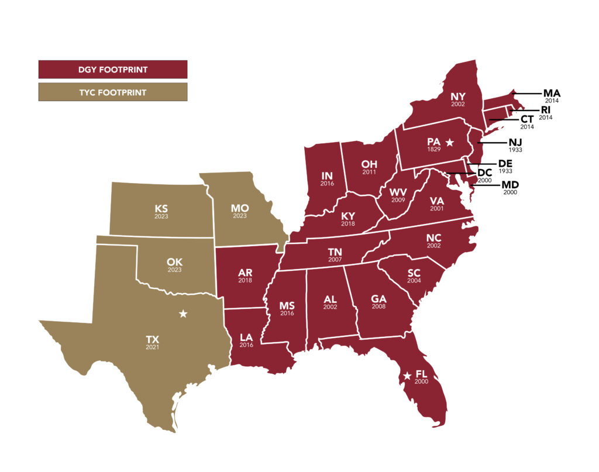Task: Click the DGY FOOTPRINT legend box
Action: (113, 70)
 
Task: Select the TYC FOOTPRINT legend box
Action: (113, 92)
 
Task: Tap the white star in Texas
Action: (183, 314)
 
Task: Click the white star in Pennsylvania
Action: (449, 142)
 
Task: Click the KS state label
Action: (161, 208)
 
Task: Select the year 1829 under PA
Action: (433, 150)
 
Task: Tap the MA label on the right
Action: (552, 93)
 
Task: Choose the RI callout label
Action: (546, 109)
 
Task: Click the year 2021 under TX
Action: (153, 347)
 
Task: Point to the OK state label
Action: (174, 262)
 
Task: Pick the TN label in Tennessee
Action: (334, 253)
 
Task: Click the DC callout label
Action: (484, 173)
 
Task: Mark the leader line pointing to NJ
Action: (492, 142)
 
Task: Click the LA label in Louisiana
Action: (246, 337)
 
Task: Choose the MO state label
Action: (240, 208)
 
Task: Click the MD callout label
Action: (510, 185)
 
